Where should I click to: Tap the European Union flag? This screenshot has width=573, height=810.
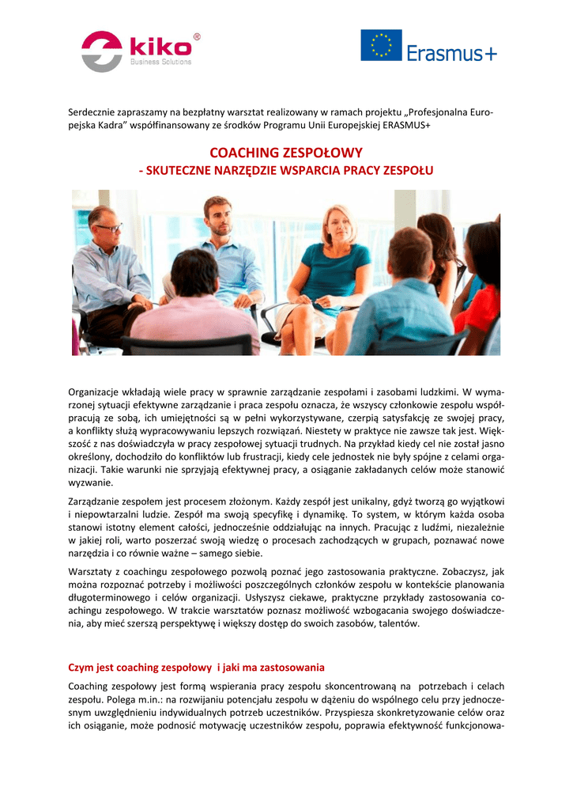(381, 45)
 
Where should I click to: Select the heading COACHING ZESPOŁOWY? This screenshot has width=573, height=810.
(286, 153)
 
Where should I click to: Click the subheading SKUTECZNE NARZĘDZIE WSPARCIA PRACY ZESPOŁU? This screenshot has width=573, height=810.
(286, 170)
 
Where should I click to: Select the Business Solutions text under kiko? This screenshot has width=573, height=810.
(160, 62)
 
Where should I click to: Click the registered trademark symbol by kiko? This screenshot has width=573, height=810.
(197, 36)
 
